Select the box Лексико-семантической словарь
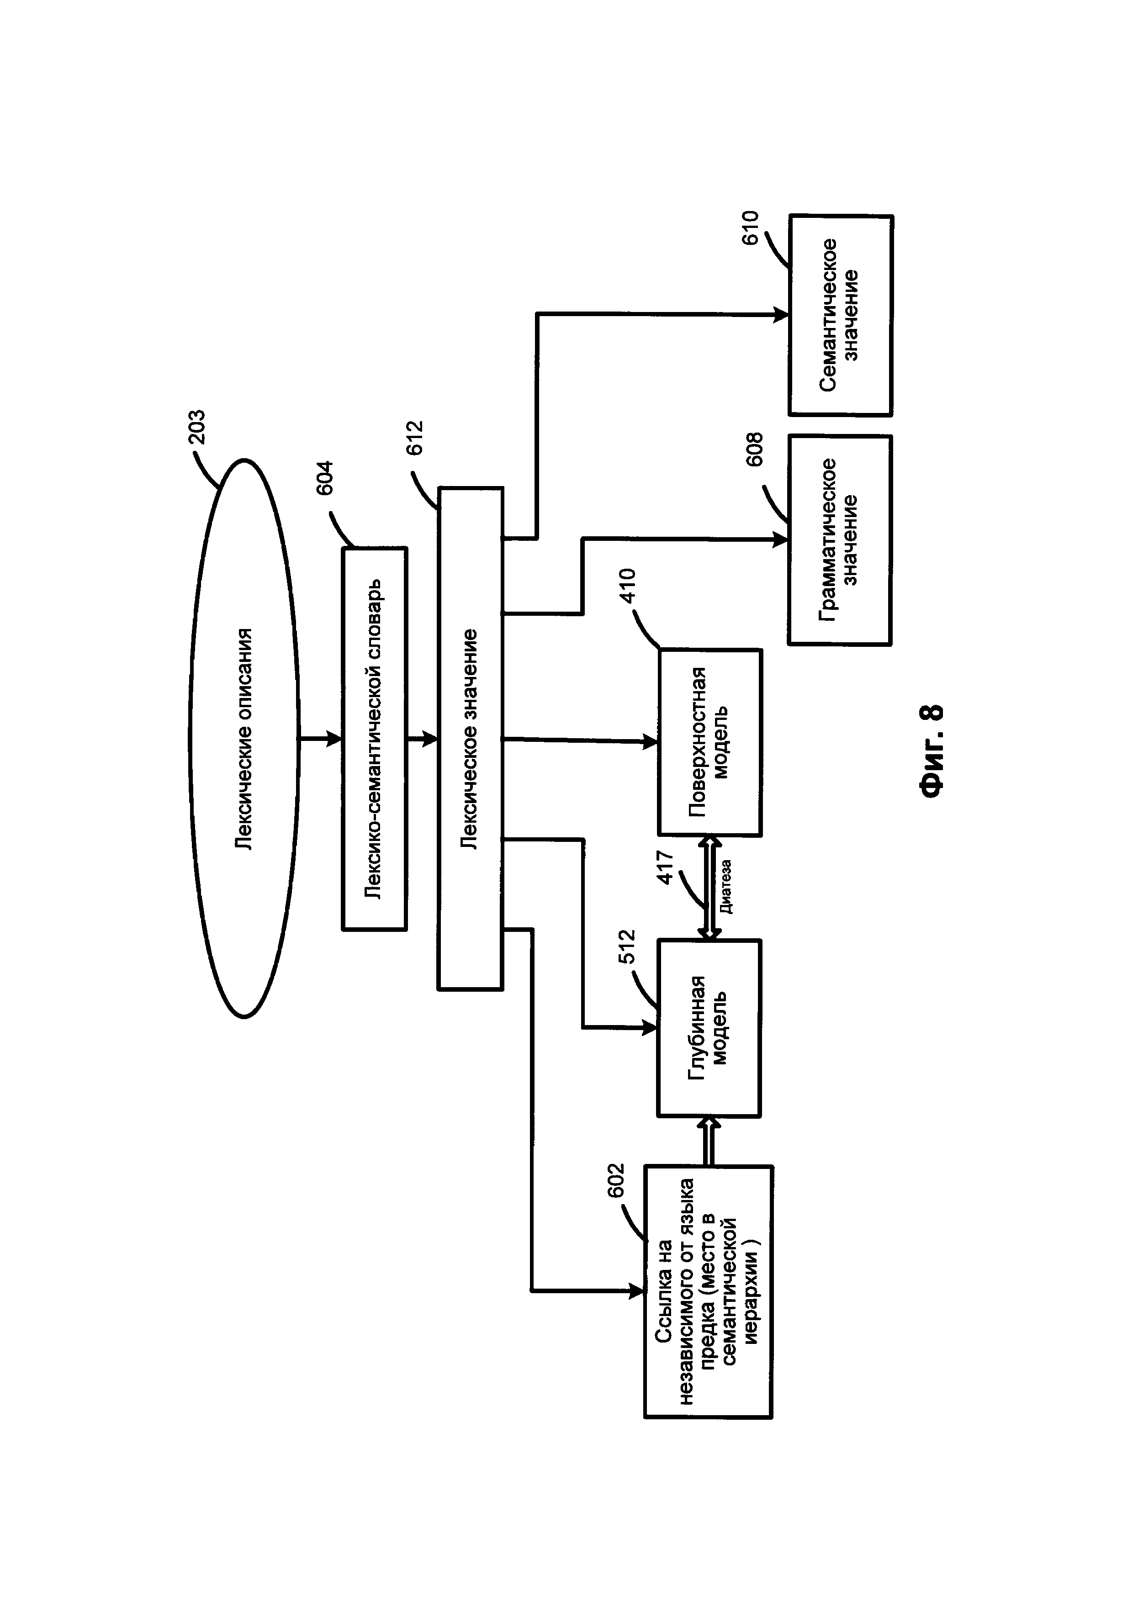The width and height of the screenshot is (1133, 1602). pos(375,739)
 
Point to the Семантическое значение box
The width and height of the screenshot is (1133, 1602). pos(841,315)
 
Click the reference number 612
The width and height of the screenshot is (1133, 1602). pos(415,438)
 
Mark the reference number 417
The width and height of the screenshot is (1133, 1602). pos(666,868)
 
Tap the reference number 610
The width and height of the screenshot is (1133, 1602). pos(752,227)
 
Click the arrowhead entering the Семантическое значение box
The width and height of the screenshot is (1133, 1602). pos(781,315)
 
